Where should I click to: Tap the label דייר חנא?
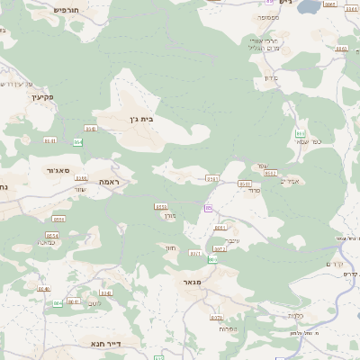[105, 343]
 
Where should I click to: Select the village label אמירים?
[290, 182]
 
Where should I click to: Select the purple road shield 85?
[209, 208]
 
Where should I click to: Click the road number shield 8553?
[161, 206]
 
